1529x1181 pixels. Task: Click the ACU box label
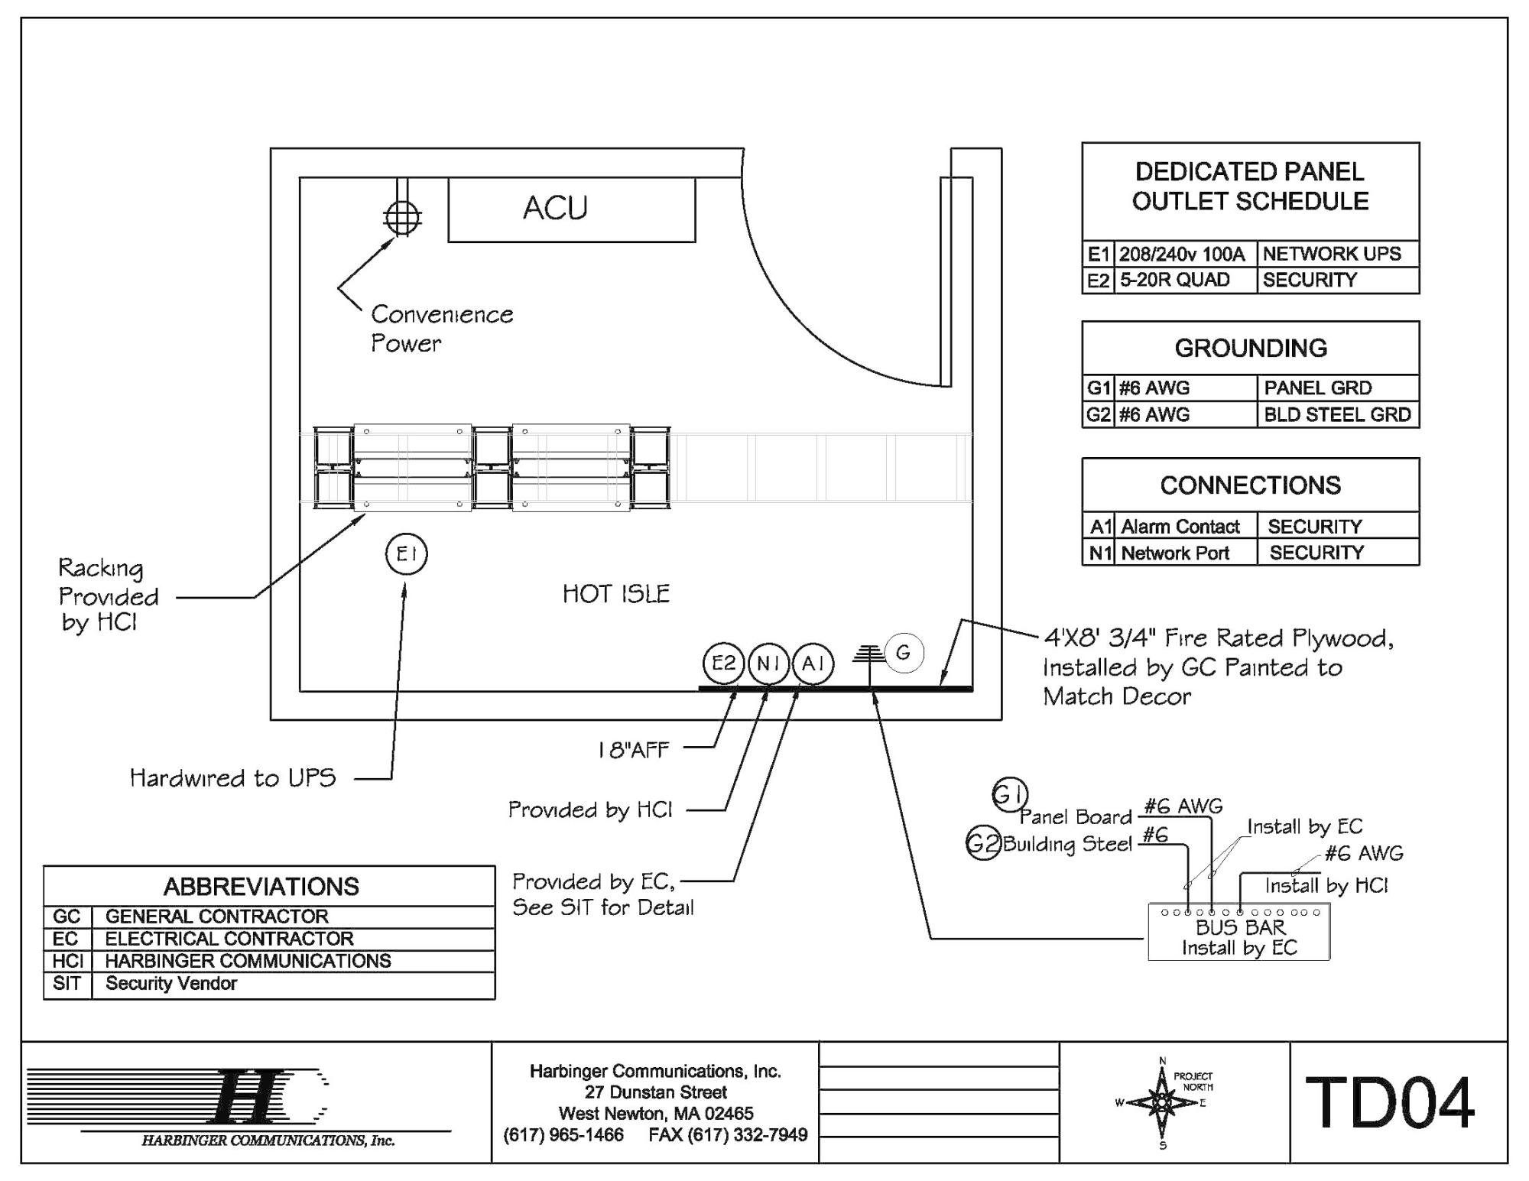[555, 208]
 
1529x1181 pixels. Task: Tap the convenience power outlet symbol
[402, 218]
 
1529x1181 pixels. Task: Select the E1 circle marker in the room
[406, 554]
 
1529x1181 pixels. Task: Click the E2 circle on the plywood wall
[723, 663]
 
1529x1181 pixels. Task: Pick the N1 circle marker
[768, 663]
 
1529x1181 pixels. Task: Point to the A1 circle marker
[813, 663]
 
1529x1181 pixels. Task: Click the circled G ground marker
[904, 653]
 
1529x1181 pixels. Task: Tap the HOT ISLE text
[615, 594]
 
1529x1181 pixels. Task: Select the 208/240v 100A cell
[1182, 254]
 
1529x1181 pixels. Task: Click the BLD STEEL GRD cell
[1337, 414]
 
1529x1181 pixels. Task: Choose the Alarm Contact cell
[1180, 527]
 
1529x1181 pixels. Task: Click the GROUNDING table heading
[1251, 349]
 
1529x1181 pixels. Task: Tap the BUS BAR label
[1240, 927]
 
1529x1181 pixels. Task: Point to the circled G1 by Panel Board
[1009, 795]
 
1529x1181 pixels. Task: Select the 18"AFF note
[633, 750]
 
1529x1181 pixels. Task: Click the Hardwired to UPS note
[233, 778]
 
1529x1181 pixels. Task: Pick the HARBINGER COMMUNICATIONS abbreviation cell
[248, 961]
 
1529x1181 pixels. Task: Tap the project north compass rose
[1162, 1103]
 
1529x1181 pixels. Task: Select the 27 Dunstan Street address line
[655, 1092]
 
